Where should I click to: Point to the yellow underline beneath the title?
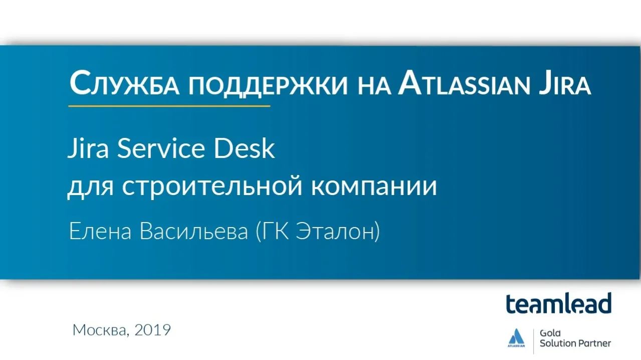tap(169, 106)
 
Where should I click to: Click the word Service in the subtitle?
tap(166, 149)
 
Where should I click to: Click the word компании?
tap(374, 187)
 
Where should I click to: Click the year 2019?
tap(153, 330)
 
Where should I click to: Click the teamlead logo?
tap(558, 303)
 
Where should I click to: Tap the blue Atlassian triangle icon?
tap(515, 336)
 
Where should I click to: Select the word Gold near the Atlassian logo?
tap(550, 332)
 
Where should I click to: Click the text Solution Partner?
tap(575, 343)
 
